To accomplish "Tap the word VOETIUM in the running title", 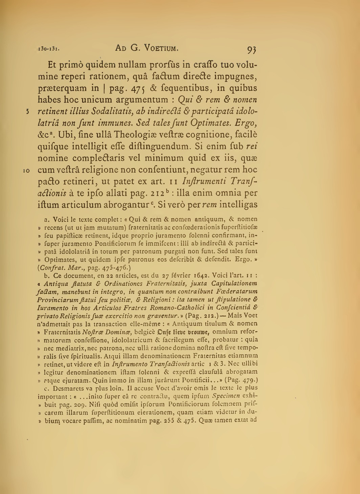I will pos(159,48).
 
